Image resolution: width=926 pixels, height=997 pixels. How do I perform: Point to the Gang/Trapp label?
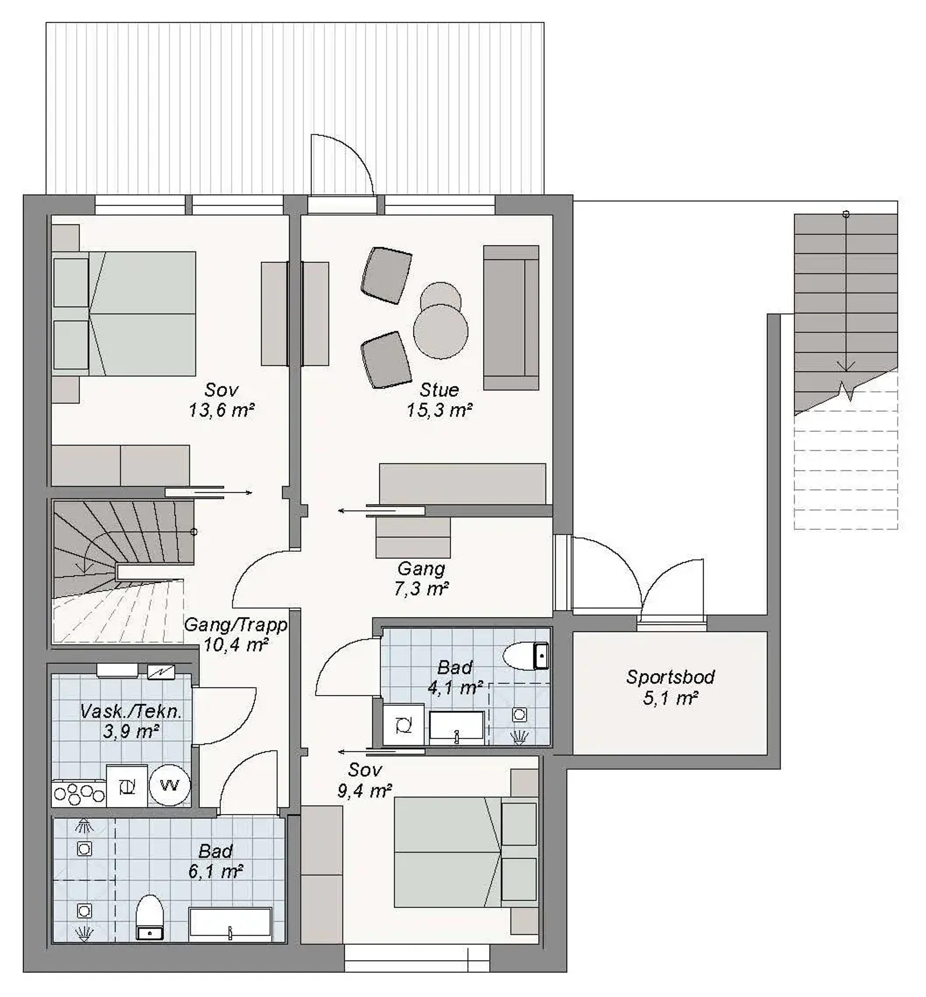(x=236, y=625)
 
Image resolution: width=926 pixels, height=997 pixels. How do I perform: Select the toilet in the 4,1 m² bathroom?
(x=526, y=656)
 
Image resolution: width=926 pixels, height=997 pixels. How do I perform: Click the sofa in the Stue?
(x=511, y=318)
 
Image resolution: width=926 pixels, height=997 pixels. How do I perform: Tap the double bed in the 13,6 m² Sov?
(x=124, y=314)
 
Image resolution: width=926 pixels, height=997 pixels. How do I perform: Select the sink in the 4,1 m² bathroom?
(x=456, y=726)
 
